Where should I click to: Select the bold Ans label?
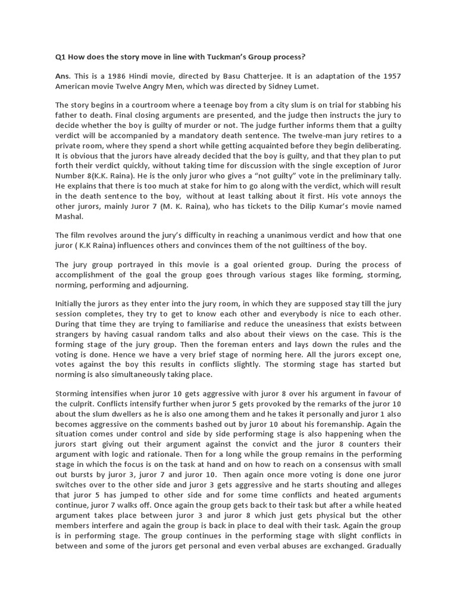[x=62, y=77]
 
